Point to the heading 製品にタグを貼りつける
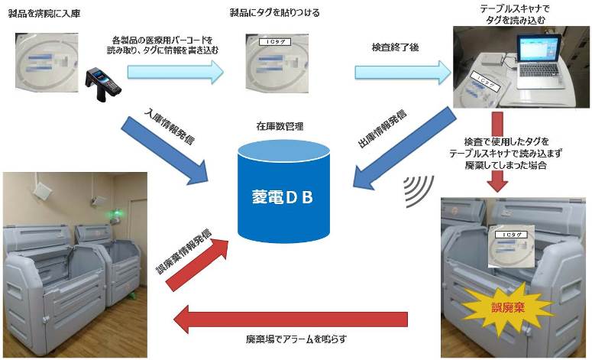coord(275,13)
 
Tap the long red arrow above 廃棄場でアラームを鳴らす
coord(294,318)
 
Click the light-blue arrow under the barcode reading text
coord(175,71)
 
